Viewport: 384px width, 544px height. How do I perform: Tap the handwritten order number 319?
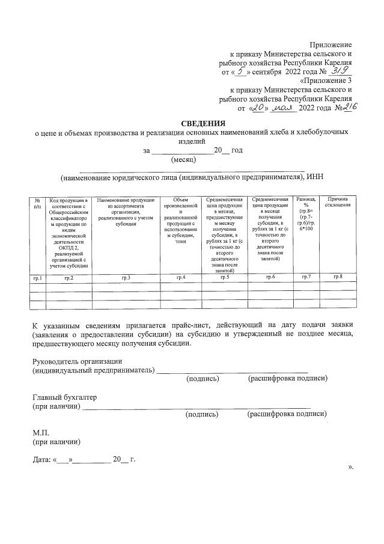point(332,71)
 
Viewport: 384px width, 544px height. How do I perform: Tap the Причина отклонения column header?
point(337,203)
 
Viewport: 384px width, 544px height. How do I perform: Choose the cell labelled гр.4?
point(180,277)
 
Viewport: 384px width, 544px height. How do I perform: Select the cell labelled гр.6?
point(269,277)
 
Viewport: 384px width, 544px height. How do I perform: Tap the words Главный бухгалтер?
point(64,398)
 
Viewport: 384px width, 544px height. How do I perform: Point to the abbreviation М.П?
point(41,433)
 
